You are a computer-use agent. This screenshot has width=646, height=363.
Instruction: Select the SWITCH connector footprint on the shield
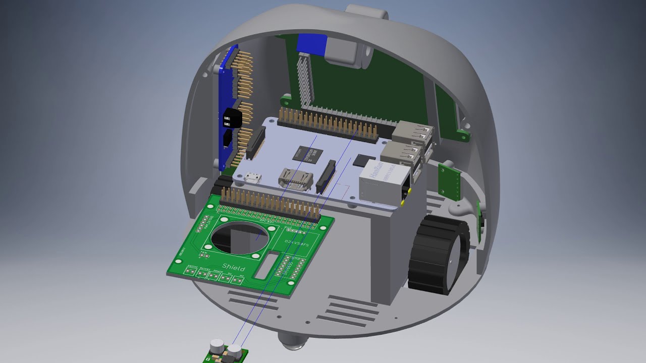tap(190, 272)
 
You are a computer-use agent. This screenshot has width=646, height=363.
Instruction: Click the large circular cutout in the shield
tap(241, 238)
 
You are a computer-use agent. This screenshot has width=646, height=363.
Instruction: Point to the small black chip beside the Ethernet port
tap(362, 161)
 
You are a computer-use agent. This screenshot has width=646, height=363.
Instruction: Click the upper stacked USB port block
tap(412, 133)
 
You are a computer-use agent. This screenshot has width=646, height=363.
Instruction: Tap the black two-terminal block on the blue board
tap(232, 118)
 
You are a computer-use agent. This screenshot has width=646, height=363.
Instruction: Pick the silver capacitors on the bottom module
tap(226, 347)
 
